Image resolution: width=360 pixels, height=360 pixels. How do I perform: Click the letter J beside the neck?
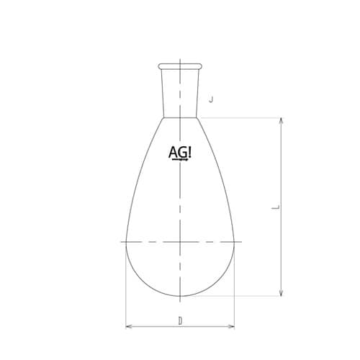(210, 99)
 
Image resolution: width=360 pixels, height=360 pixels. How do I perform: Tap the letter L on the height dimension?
(276, 207)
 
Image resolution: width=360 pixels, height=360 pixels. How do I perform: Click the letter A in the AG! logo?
(173, 153)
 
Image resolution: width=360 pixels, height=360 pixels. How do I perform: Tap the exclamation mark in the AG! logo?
(189, 153)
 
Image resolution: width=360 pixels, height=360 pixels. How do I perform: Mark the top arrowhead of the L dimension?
(281, 120)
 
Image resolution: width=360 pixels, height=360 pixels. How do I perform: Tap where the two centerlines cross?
(180, 240)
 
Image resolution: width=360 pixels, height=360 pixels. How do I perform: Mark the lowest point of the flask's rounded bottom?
(180, 295)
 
